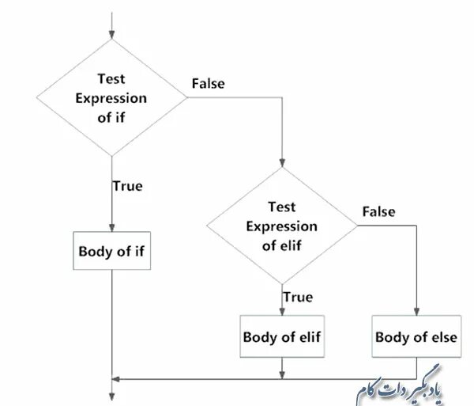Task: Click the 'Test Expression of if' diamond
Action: pos(112,98)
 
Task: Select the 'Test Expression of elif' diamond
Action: pos(282,226)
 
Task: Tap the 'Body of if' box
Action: pos(112,252)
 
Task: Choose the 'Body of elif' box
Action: pos(282,336)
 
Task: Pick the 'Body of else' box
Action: pos(416,336)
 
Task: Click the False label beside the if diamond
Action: pos(208,83)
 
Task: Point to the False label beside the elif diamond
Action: pos(378,211)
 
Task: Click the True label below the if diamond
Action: pos(127,186)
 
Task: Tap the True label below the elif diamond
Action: pos(297,297)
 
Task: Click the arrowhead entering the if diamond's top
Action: pos(112,35)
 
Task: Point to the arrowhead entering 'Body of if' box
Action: pos(112,226)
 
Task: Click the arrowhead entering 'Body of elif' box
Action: pos(282,311)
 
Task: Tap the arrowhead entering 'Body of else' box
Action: pos(416,311)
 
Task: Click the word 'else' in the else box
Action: pos(442,336)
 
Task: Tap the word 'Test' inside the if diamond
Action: pos(111,79)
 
